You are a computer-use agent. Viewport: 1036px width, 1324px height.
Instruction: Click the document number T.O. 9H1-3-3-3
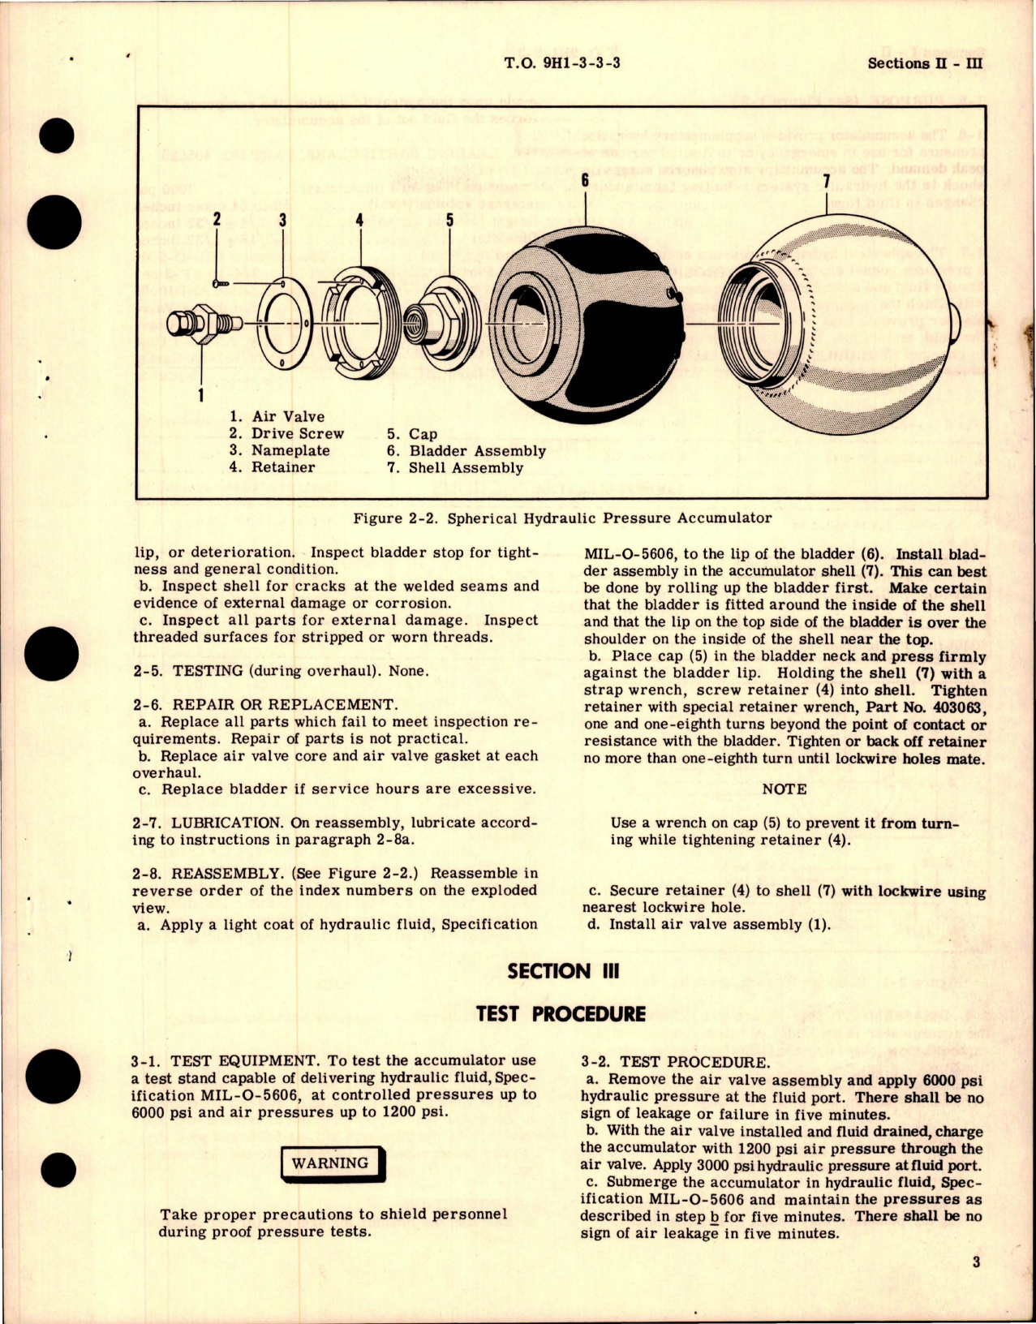561,62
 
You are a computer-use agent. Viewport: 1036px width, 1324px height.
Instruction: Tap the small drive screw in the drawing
221,282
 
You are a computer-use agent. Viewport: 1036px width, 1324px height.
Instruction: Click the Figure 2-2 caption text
562,518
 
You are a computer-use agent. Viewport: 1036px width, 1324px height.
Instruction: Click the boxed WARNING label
330,1163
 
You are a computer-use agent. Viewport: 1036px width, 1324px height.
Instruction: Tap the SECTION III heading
563,971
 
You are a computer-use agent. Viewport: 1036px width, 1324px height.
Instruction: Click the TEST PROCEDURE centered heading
561,1014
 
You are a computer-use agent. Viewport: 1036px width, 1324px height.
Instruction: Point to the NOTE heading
784,789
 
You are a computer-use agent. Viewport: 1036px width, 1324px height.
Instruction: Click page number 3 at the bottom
976,1262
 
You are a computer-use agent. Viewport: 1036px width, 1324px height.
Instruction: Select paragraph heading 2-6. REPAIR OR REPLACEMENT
264,705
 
